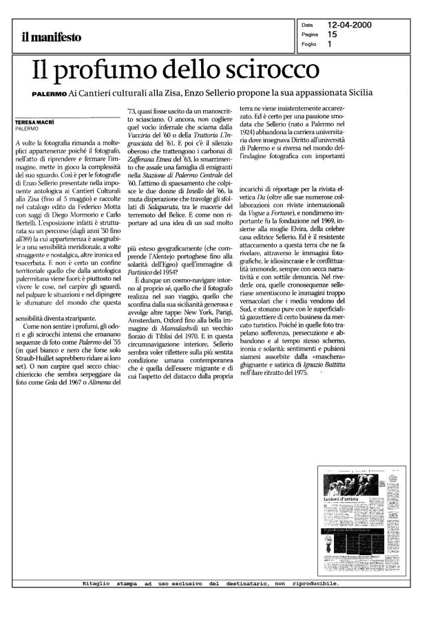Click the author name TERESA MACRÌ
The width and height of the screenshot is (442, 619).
pos(35,122)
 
